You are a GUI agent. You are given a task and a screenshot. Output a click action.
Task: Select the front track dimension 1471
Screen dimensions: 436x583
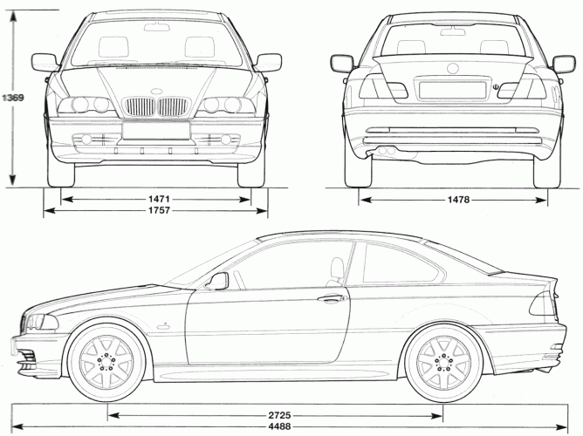(x=159, y=200)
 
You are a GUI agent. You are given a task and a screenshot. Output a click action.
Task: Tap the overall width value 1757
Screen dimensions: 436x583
(x=159, y=211)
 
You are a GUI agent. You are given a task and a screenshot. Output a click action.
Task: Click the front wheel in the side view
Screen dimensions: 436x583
(x=106, y=364)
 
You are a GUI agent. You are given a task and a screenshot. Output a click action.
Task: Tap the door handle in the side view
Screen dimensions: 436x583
(x=331, y=298)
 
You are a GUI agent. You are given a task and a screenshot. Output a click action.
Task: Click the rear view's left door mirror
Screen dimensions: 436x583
(x=342, y=64)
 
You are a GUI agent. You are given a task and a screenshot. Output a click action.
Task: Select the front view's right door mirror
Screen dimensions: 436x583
(x=269, y=62)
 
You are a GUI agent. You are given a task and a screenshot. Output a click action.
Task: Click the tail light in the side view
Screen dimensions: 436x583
(x=545, y=303)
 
